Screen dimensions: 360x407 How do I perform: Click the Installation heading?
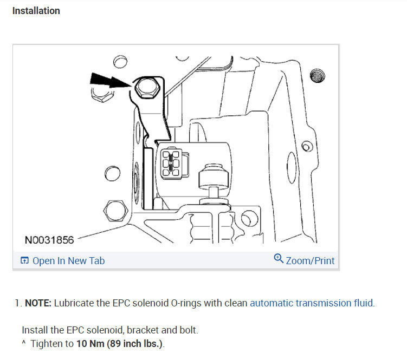click(x=36, y=11)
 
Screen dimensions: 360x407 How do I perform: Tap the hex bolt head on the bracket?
click(x=145, y=87)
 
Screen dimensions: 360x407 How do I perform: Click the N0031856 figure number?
click(x=49, y=239)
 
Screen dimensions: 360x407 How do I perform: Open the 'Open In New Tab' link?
click(x=68, y=261)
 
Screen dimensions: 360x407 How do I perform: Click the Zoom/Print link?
click(x=310, y=261)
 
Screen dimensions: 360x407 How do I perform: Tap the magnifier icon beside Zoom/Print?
click(x=279, y=259)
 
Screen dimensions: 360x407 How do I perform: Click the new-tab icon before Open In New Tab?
click(x=24, y=261)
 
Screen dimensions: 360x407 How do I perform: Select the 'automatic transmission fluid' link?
click(x=312, y=303)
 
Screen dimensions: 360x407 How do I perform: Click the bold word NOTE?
click(x=38, y=303)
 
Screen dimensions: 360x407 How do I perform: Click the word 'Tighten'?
click(x=47, y=343)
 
